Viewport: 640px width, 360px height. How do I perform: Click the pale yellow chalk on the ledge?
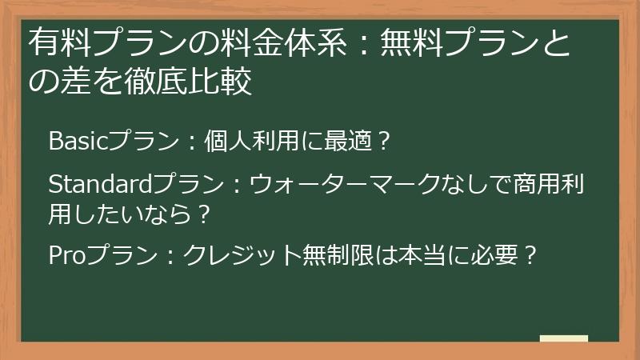[564, 338]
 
